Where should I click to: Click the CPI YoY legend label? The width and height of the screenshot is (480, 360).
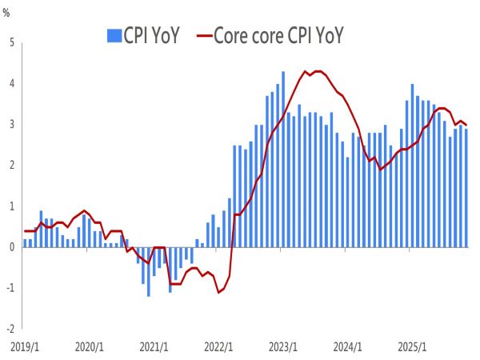(153, 35)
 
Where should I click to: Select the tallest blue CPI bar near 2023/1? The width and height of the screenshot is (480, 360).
(283, 159)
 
